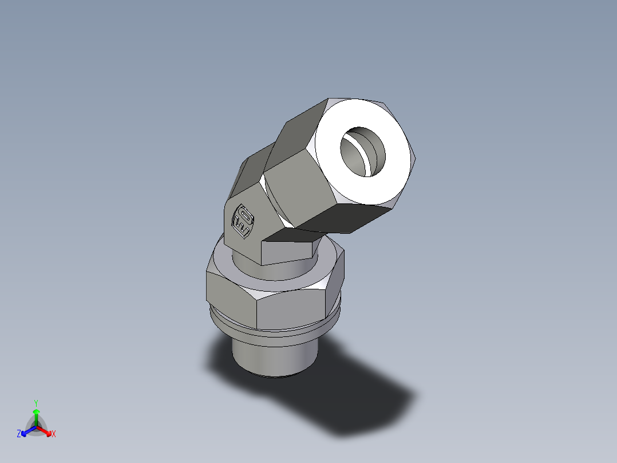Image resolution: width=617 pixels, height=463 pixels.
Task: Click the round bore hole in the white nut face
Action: pos(362,151)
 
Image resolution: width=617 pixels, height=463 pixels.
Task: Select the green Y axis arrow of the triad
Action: pos(36,414)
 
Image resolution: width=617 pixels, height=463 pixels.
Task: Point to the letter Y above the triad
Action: pos(36,403)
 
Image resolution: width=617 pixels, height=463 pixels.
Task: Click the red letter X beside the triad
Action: pos(54,434)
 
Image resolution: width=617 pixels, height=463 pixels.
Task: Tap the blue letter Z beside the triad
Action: pos(19,434)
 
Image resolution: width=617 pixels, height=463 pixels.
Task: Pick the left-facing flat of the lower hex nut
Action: pos(229,292)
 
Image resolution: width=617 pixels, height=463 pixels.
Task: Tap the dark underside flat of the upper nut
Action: pos(349,218)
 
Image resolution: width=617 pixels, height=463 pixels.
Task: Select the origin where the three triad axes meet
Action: pos(36,427)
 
